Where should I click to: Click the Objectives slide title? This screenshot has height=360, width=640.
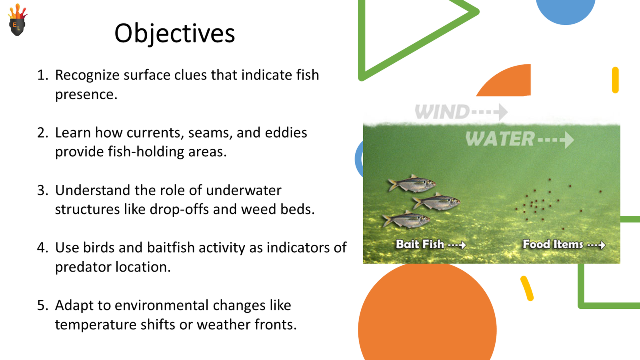[174, 33]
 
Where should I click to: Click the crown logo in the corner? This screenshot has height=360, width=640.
[17, 21]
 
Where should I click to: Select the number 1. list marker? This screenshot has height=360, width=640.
[42, 75]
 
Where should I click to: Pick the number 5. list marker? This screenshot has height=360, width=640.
[42, 305]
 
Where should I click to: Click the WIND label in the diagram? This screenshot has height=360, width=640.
[442, 112]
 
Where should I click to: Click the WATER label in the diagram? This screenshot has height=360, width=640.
[500, 139]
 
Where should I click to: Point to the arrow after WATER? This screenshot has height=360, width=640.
[557, 140]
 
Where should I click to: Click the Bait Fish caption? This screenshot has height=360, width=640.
[420, 244]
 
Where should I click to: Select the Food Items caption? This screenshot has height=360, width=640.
[553, 244]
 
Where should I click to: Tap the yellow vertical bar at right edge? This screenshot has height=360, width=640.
[615, 80]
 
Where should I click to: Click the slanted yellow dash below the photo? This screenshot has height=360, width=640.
[527, 288]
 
